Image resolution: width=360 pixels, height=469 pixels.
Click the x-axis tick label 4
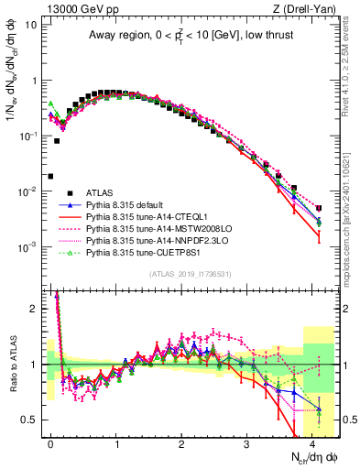311,442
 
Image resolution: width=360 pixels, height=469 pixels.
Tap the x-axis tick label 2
181,442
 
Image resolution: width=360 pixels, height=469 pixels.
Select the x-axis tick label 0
51,442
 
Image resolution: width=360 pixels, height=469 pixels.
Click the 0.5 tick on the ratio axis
32,420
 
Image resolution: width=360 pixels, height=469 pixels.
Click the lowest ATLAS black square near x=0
50,176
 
